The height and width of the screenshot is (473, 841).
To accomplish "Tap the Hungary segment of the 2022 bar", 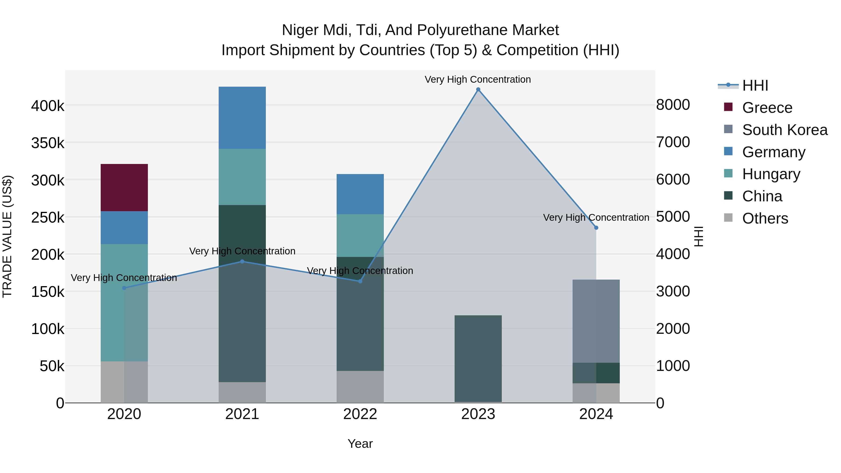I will [x=360, y=235].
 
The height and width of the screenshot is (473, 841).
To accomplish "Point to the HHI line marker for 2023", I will [x=478, y=89].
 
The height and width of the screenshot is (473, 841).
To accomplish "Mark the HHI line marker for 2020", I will [x=124, y=288].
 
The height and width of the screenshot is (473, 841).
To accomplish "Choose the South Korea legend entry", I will [x=784, y=130].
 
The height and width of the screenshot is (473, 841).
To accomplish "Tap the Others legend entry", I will [x=765, y=218].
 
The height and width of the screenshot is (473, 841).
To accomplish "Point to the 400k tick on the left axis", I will [x=48, y=106].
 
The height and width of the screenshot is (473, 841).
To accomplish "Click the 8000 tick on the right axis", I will [x=673, y=105].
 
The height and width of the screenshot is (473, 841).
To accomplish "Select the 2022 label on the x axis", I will [x=360, y=414].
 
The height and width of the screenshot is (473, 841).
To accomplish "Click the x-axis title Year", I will [x=360, y=444].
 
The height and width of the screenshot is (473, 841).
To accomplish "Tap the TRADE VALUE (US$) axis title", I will [x=7, y=236].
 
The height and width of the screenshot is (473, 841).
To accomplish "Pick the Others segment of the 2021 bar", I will [x=242, y=392].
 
